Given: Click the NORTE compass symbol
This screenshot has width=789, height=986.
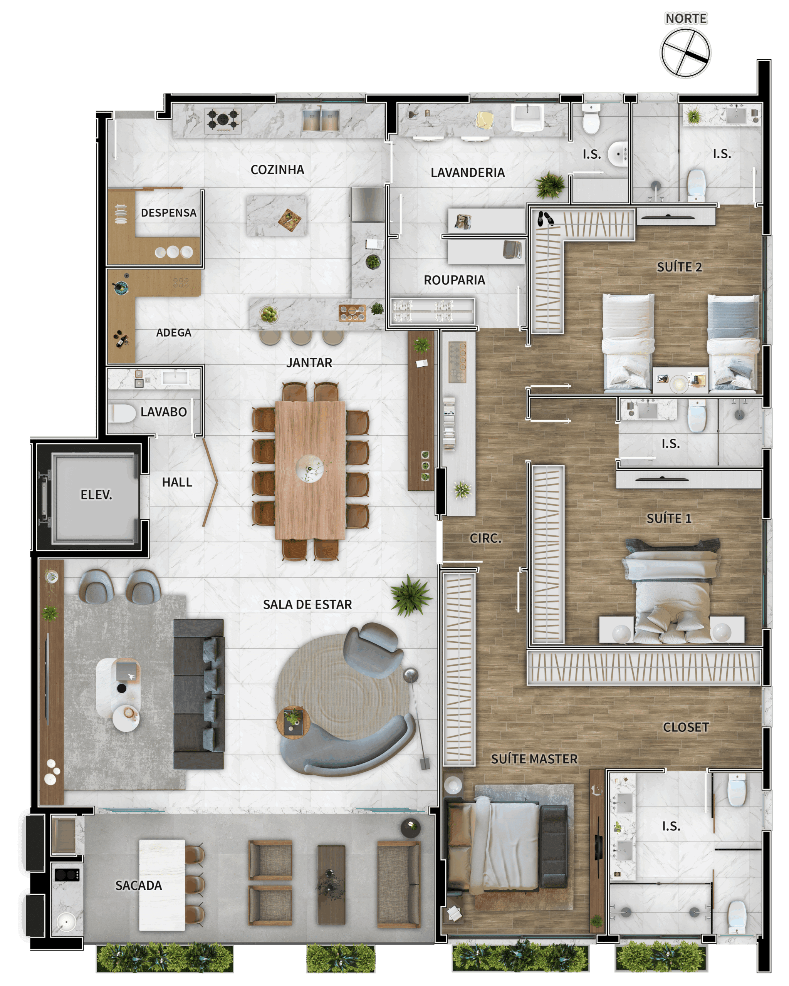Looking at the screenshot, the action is [685, 53].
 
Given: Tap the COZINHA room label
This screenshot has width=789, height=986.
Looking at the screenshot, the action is [277, 170].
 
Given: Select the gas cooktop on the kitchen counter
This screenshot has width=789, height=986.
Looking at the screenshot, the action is [223, 119].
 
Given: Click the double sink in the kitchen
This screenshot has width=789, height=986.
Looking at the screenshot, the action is [321, 119].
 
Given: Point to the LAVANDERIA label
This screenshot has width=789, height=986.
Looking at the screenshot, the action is [467, 173].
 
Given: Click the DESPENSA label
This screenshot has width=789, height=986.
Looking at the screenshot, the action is [168, 213].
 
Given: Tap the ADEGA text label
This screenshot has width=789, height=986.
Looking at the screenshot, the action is [173, 332].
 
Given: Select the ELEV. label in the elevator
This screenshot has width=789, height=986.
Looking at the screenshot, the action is [96, 495].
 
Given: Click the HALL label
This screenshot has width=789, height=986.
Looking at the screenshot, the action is [177, 482].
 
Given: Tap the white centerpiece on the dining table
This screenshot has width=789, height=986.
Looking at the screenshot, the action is [310, 468].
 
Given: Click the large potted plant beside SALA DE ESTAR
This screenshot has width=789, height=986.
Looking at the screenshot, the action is [410, 596].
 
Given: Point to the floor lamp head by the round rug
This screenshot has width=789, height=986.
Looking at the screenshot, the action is [410, 674].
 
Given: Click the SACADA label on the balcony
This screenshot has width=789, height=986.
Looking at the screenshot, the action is [139, 885].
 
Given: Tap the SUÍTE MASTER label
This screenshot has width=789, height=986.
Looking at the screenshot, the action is [534, 759].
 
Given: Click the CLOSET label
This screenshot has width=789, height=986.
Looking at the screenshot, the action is [686, 727].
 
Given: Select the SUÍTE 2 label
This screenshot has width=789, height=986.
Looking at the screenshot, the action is [679, 267].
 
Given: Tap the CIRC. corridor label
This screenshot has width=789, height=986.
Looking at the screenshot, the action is [485, 538].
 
